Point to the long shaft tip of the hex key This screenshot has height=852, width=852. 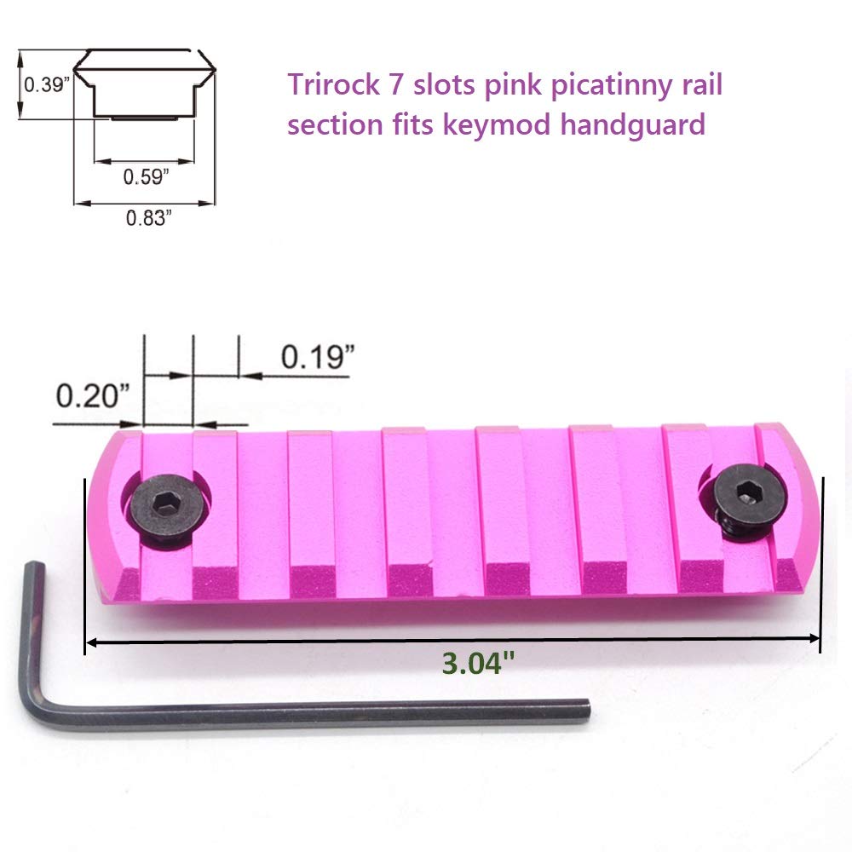[x=584, y=709]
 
